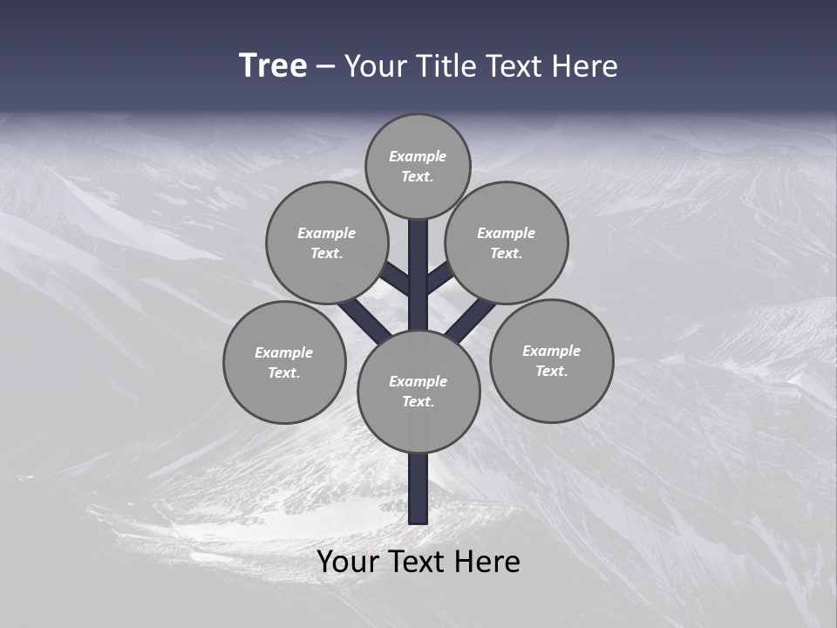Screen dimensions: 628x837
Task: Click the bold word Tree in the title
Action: (x=273, y=66)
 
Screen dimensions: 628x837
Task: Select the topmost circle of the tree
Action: (x=418, y=166)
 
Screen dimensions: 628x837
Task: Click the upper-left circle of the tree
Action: (x=326, y=242)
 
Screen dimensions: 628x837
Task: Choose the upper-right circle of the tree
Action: (x=507, y=242)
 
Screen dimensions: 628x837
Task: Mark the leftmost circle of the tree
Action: (x=284, y=362)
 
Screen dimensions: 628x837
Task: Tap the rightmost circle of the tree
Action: (x=551, y=360)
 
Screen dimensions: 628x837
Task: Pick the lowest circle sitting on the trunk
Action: (x=418, y=392)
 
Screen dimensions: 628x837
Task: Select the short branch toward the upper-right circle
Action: (x=439, y=279)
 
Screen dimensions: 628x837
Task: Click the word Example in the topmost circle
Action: (x=418, y=157)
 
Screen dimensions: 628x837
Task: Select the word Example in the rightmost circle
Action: (x=551, y=352)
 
